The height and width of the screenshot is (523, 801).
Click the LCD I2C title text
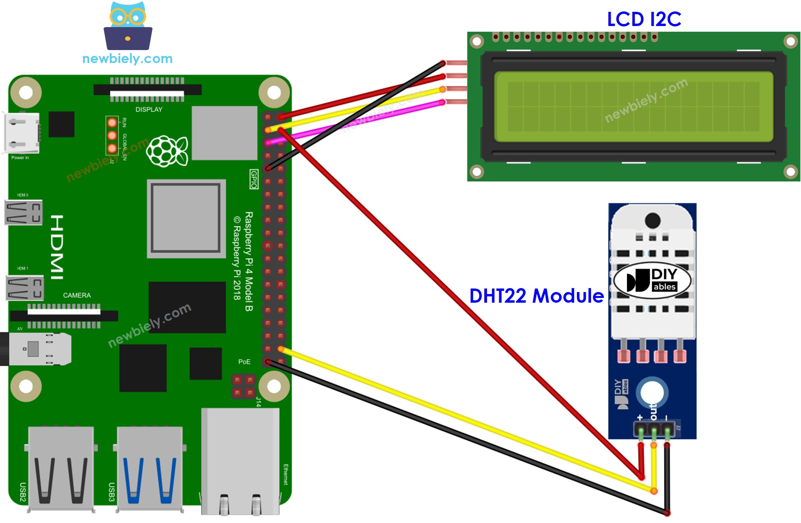(644, 19)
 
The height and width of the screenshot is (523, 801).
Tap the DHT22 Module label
(536, 296)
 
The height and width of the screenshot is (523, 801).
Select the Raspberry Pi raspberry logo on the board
(167, 151)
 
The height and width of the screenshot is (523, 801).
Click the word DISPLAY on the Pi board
(149, 110)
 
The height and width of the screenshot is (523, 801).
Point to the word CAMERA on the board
(77, 295)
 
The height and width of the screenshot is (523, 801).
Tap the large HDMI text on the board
(57, 247)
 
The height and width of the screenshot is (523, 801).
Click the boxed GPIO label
(254, 179)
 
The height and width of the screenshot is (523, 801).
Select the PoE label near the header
(244, 361)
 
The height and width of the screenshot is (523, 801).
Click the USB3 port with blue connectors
(150, 469)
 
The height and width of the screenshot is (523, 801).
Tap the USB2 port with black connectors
(61, 469)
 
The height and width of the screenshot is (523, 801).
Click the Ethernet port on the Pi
(240, 461)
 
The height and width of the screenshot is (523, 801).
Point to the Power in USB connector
(22, 133)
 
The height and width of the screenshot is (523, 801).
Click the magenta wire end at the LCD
(442, 102)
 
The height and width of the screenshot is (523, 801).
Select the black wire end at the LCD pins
(442, 63)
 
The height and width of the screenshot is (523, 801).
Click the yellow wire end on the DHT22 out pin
(654, 445)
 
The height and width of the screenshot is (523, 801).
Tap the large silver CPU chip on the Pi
(186, 218)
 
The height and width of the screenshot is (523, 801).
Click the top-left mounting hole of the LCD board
(477, 41)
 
